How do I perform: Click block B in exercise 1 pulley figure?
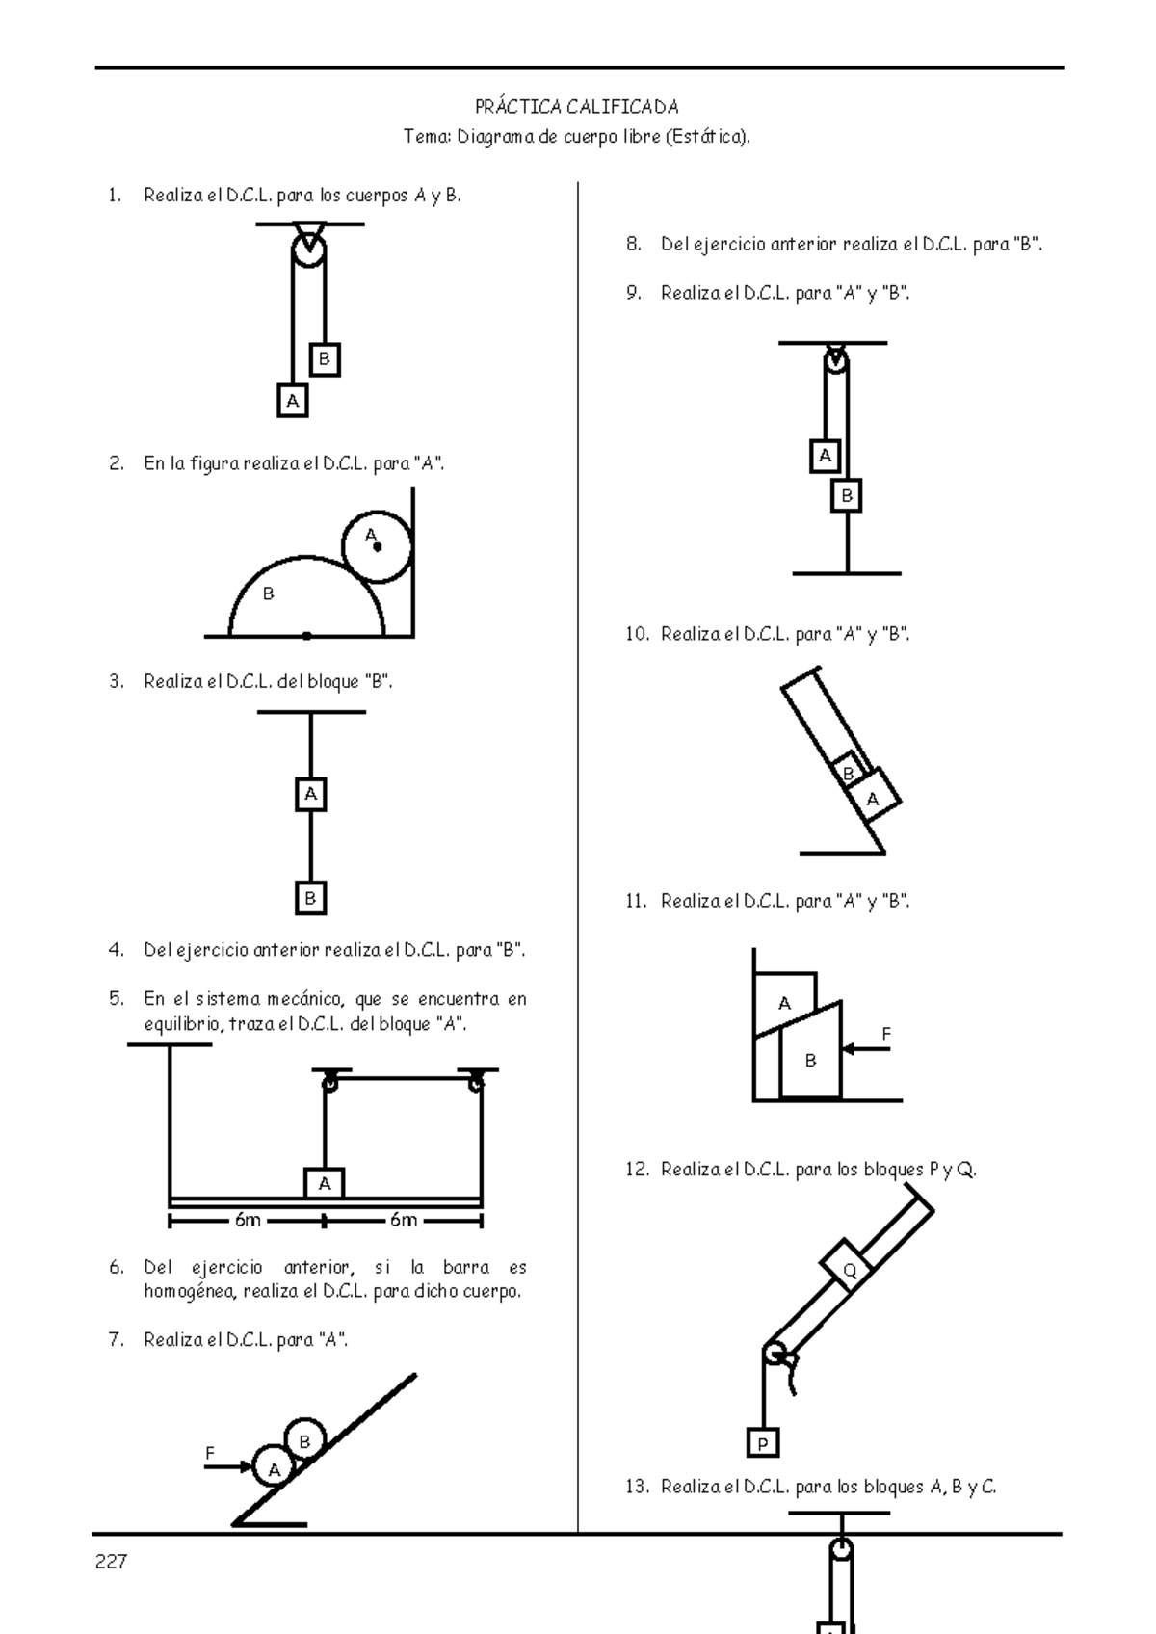tap(325, 360)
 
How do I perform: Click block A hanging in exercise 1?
tap(293, 400)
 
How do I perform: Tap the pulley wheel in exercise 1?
tap(308, 250)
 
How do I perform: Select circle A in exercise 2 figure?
tap(377, 547)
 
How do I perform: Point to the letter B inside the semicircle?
tap(269, 594)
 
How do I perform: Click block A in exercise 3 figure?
tap(310, 795)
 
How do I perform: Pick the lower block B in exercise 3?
tap(310, 898)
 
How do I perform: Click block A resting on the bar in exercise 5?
tap(325, 1183)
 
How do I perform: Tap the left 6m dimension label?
tap(248, 1221)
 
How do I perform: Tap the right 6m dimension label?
tap(404, 1221)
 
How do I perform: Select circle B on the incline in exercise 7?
tap(304, 1441)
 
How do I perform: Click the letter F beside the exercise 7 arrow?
tap(209, 1452)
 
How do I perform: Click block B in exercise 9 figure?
tap(847, 496)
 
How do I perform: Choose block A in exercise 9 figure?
tap(825, 456)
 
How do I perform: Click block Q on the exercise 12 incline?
tap(849, 1271)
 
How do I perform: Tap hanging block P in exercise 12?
tap(763, 1443)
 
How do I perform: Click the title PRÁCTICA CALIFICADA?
tap(577, 107)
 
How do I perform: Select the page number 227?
tap(111, 1563)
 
